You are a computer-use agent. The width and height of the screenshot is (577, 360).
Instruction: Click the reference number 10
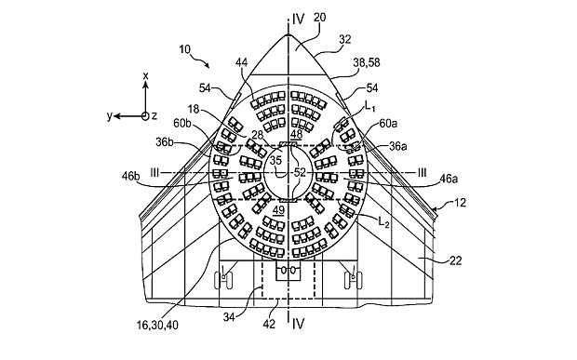click(x=186, y=49)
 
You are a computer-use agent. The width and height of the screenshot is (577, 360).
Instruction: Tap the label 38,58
click(x=367, y=62)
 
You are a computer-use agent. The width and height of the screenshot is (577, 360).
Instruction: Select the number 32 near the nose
click(x=344, y=39)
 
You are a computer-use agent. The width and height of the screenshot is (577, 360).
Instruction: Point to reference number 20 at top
click(x=319, y=18)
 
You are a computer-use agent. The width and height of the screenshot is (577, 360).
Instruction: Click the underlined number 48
click(x=296, y=135)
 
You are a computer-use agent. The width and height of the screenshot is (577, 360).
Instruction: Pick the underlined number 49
click(x=278, y=210)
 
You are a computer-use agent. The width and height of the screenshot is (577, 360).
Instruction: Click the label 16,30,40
click(x=157, y=325)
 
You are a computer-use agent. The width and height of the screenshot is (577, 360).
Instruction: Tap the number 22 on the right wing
click(x=456, y=260)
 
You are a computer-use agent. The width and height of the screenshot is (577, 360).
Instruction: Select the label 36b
click(x=165, y=142)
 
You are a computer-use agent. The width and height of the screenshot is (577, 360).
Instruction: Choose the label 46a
click(x=449, y=180)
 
